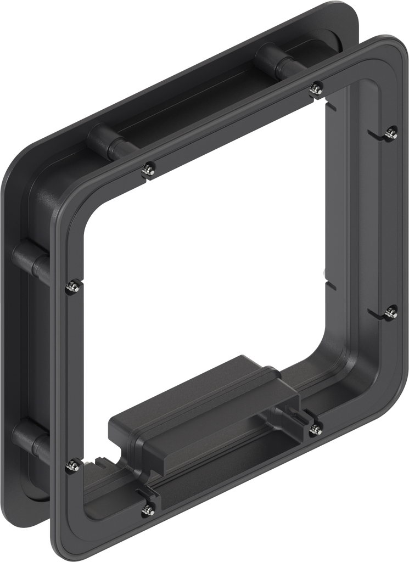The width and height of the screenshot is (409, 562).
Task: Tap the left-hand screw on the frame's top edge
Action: point(148,169)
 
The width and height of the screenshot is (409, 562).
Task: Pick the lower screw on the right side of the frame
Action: point(390,312)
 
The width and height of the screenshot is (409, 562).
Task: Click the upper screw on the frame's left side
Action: point(71,285)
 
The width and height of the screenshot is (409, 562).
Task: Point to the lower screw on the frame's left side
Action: point(71,465)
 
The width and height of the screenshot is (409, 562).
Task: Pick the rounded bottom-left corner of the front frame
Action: point(61,541)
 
